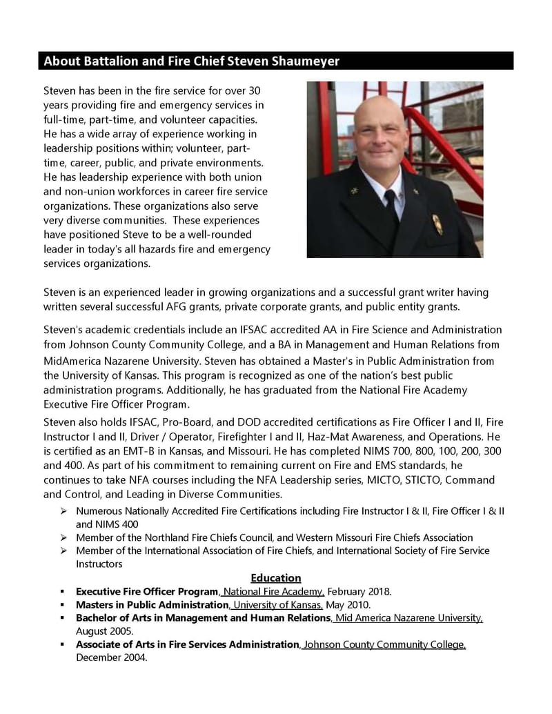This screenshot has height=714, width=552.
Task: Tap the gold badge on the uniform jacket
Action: click(437, 224)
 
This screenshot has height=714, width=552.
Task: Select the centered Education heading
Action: click(275, 577)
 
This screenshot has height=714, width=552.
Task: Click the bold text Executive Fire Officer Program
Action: click(147, 591)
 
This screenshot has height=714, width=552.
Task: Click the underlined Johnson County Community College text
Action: click(384, 644)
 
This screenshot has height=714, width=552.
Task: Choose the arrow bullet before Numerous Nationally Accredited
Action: click(63, 511)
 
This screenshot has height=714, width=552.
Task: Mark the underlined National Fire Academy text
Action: click(273, 591)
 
